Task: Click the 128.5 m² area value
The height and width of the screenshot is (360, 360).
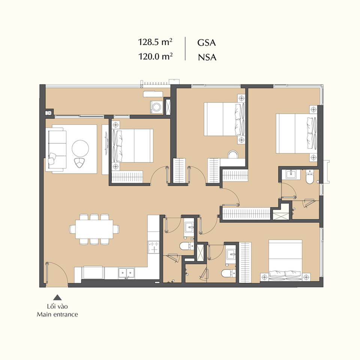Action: pos(155,42)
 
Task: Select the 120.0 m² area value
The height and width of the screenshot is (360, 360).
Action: pos(155,56)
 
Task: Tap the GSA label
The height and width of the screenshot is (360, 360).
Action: pos(206,43)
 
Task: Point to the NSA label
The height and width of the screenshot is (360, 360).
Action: pos(207,57)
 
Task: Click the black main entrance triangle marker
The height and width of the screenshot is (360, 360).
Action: pos(57,298)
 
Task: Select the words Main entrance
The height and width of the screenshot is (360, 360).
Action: pos(57,314)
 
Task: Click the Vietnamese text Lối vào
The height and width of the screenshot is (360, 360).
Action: pos(57,306)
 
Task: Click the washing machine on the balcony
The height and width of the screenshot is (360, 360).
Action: pos(157,107)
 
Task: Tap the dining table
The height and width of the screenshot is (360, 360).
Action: pos(94,229)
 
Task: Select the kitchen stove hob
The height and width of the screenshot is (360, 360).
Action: pos(154,247)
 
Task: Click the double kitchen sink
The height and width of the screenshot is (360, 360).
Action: pos(126,273)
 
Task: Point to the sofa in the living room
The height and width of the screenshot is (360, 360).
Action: pos(57,149)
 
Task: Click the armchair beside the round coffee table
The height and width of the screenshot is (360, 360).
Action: pos(79,162)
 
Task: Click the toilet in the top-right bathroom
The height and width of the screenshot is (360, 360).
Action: pos(309,177)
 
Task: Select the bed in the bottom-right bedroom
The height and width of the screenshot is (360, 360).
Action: pos(285,261)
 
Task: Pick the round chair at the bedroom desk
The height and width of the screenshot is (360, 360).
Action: pos(233,154)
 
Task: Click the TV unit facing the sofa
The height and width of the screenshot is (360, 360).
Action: pos(105,149)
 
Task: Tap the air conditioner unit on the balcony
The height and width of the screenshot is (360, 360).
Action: pos(153,94)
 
